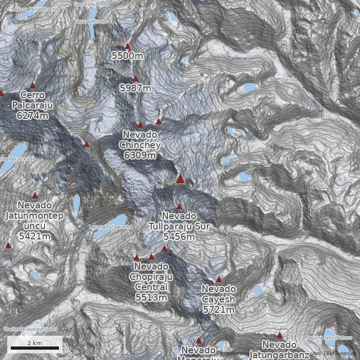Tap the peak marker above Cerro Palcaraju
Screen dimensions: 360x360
point(32,85)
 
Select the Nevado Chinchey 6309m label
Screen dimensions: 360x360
point(140,145)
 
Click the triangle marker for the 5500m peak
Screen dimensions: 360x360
point(127,46)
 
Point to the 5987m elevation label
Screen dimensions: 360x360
point(135,88)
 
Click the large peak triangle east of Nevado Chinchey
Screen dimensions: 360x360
point(180,179)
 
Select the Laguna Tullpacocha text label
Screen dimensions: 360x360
point(110,227)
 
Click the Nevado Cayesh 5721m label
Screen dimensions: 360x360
point(219,299)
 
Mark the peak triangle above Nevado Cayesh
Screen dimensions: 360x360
point(219,279)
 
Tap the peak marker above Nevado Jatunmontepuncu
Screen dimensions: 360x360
point(35,196)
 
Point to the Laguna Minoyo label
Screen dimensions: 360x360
point(91,21)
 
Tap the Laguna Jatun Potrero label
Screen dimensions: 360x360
point(329,337)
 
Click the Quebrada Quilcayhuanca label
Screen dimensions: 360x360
point(30,329)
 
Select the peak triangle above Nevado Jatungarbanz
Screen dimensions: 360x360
point(279,335)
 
